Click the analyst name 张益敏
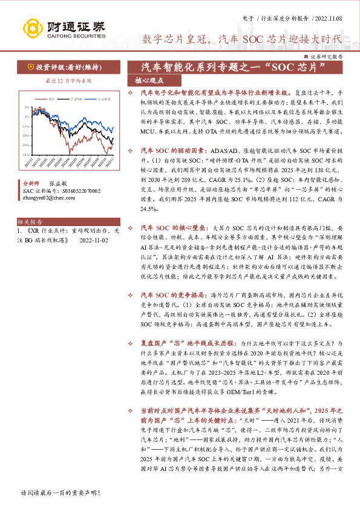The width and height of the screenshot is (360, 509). [59, 181]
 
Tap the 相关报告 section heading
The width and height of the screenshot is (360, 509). [29, 206]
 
